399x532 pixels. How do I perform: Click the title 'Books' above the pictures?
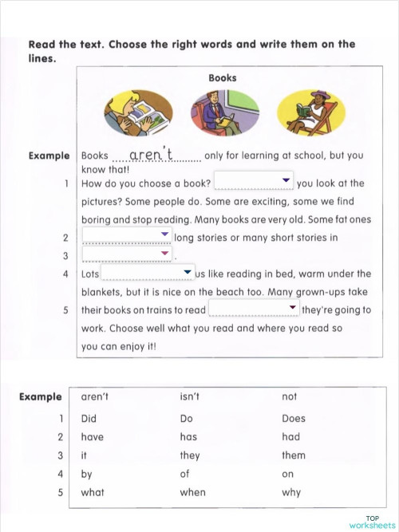223,78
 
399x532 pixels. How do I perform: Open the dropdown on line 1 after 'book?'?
254,182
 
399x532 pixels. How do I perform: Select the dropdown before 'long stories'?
128,236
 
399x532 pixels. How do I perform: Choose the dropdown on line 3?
128,254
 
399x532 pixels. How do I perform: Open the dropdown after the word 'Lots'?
148,274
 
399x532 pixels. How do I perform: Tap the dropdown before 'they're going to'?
254,309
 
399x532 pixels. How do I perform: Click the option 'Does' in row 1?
293,418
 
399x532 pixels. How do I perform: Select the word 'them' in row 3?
293,455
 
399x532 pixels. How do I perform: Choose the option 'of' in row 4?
184,474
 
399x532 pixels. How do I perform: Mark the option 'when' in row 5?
192,492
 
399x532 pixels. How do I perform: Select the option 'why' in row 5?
291,492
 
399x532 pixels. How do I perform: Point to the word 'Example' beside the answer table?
40,396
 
